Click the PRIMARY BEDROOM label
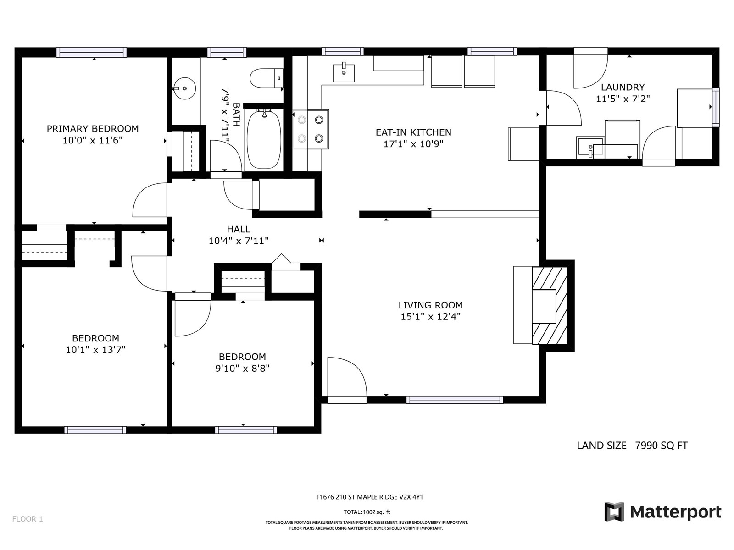coord(93,129)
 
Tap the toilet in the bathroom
coord(267,78)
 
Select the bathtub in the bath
coord(264,139)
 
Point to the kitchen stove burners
coord(311,129)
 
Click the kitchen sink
coord(344,73)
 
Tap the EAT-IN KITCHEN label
coord(413,132)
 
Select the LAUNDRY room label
coord(623,87)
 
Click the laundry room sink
coord(590,147)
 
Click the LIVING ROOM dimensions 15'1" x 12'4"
coord(431,316)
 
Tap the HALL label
coord(239,229)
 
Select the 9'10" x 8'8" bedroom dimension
coord(242,368)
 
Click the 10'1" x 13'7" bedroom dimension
coord(95,350)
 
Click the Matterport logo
coord(662,511)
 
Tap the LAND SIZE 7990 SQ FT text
coord(632,445)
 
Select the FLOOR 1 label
coord(28,519)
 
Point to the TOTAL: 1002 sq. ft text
coord(367,511)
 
